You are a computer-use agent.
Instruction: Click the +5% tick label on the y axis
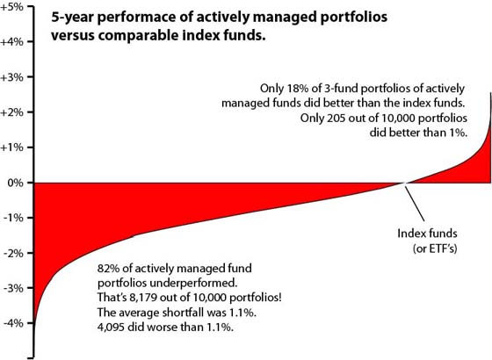[11, 7]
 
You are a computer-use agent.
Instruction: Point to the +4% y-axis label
[11, 42]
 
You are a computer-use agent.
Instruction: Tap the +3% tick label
[11, 77]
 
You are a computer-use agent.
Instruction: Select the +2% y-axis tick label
[11, 112]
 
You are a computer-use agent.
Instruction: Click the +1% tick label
[11, 148]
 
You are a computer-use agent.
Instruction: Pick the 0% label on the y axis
[16, 183]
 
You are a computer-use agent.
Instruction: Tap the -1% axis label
[13, 218]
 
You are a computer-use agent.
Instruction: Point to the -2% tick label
[13, 253]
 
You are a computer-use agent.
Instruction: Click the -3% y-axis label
[13, 288]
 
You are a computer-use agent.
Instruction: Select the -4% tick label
[13, 323]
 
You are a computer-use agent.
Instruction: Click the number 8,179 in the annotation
[142, 298]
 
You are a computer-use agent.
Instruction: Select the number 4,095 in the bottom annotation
[111, 327]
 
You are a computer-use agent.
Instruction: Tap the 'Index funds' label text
[427, 234]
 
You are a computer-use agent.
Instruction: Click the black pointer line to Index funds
[415, 204]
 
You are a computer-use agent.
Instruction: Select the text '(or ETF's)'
[435, 248]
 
